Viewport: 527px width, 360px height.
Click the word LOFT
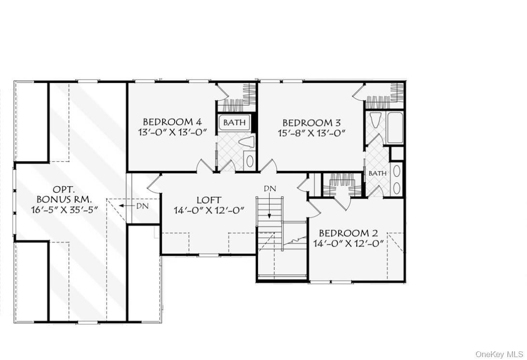point(209,200)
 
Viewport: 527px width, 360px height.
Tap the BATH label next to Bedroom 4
point(234,123)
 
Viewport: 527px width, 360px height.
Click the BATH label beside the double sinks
point(378,173)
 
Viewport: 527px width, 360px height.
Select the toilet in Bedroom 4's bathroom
point(247,142)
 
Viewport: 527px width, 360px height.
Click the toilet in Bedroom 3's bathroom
point(376,119)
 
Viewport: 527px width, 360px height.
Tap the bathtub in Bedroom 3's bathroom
point(395,128)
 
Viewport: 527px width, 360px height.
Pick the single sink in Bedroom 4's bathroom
point(249,161)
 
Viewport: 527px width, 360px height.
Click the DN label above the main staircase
point(270,189)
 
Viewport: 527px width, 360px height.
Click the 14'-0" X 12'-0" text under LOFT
point(209,210)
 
